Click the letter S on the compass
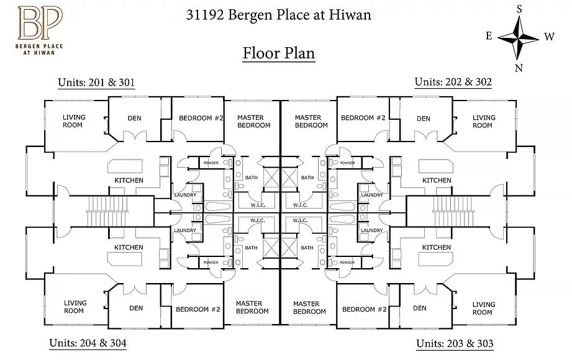pos(519,8)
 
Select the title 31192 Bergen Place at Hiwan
pos(279,14)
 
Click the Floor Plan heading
pos(279,53)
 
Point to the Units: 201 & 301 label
pos(96,82)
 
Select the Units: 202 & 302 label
pos(453,82)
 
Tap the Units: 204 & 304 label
pos(88,343)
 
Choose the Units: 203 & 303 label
pos(455,343)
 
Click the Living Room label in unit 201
pos(73,121)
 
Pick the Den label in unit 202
pos(424,119)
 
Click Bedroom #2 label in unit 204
pos(198,309)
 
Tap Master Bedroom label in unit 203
pos(309,307)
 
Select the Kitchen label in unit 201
pos(129,181)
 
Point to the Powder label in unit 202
pos(347,163)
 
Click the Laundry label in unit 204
pos(185,231)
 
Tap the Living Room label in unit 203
pos(484,308)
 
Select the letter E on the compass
pos(489,35)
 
